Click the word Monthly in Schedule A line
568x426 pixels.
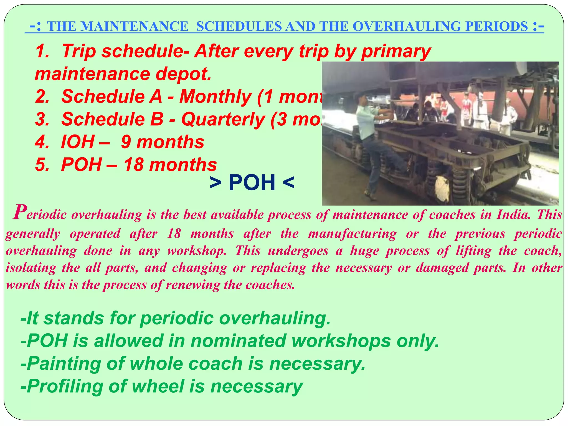(215, 97)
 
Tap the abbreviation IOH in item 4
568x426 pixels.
(78, 142)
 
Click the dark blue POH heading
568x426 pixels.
(252, 182)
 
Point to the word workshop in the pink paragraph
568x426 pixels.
(197, 251)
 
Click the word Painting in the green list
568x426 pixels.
(64, 364)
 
